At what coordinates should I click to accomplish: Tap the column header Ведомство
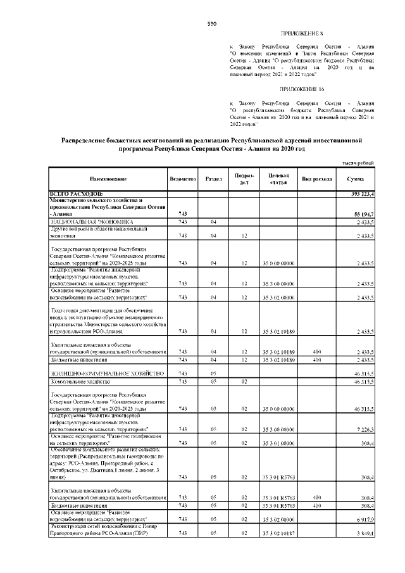pyautogui.click(x=182, y=179)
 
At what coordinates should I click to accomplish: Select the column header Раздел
pyautogui.click(x=214, y=179)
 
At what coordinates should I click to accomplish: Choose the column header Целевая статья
pyautogui.click(x=279, y=179)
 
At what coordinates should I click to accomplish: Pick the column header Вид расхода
pyautogui.click(x=318, y=179)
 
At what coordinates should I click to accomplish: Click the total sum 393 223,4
pyautogui.click(x=363, y=193)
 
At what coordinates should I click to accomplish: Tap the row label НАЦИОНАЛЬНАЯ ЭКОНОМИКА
pyautogui.click(x=92, y=222)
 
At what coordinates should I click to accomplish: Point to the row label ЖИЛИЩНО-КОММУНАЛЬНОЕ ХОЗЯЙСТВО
pyautogui.click(x=107, y=374)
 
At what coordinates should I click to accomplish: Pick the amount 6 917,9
pyautogui.click(x=366, y=519)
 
